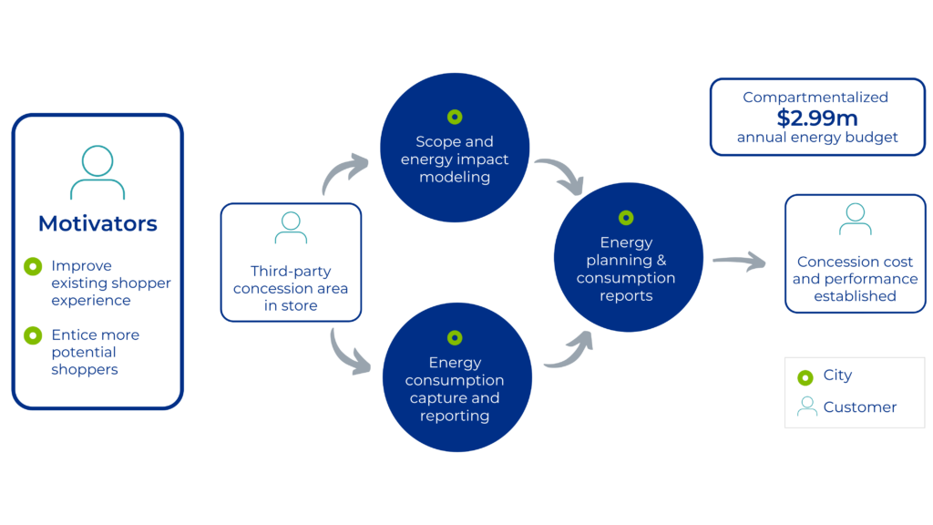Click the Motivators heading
(97, 223)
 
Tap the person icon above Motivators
(97, 172)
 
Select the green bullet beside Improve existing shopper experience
(33, 266)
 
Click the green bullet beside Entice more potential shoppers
(33, 335)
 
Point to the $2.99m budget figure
(817, 118)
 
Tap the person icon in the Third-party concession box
(291, 228)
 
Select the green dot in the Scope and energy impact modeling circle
(455, 117)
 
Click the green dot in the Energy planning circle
(626, 218)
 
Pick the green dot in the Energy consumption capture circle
(455, 338)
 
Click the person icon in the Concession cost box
(855, 220)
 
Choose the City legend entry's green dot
(805, 376)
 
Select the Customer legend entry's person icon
(806, 407)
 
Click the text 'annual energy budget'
(817, 138)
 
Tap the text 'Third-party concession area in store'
(291, 288)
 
